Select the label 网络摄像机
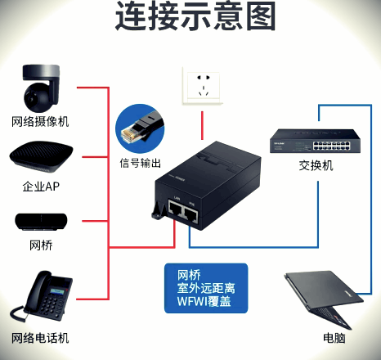(x=40, y=122)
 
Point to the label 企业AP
(x=40, y=187)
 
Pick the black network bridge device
(x=41, y=221)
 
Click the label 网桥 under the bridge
(x=40, y=245)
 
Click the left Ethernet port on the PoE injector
(x=174, y=214)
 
